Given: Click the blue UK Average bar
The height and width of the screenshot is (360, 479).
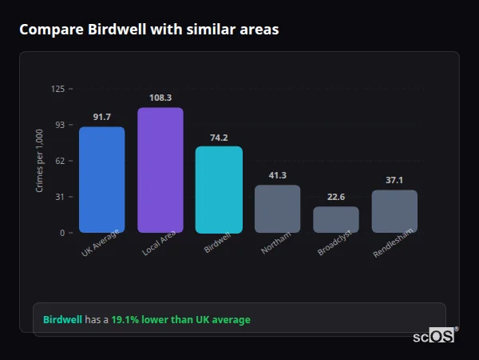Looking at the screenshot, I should (101, 179).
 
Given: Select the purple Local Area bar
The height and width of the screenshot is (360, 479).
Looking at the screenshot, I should (160, 170).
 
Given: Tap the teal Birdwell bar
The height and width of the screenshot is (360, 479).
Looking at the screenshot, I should (219, 190).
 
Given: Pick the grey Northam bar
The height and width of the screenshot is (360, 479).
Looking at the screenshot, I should (277, 209).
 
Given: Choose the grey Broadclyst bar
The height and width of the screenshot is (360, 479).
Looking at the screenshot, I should (336, 219).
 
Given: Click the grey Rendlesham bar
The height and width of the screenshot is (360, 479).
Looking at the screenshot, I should (394, 211).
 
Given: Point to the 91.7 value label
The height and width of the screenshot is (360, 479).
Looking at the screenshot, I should (101, 118).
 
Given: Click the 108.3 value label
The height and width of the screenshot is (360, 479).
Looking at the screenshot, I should (160, 98).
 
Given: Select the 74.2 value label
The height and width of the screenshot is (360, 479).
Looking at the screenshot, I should (219, 137).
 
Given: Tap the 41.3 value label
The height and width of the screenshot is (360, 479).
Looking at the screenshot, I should (277, 175).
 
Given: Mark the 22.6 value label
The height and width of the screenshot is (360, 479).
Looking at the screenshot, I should (336, 197).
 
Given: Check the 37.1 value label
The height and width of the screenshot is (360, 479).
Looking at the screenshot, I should (394, 180).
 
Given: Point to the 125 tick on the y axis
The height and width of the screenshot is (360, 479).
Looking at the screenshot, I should (57, 89).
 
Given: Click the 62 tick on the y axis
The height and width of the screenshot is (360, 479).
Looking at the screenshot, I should (60, 161).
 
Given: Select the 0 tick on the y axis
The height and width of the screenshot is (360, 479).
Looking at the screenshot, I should (62, 233).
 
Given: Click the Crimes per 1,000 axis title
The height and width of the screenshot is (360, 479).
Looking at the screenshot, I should (40, 161).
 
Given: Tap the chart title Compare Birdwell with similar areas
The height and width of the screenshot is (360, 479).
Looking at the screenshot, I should (149, 30).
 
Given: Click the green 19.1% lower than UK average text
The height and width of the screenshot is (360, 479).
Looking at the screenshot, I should (180, 320).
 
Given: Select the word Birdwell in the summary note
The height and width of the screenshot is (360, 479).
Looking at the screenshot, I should (62, 320).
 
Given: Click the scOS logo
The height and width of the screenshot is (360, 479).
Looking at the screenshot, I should (434, 336).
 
